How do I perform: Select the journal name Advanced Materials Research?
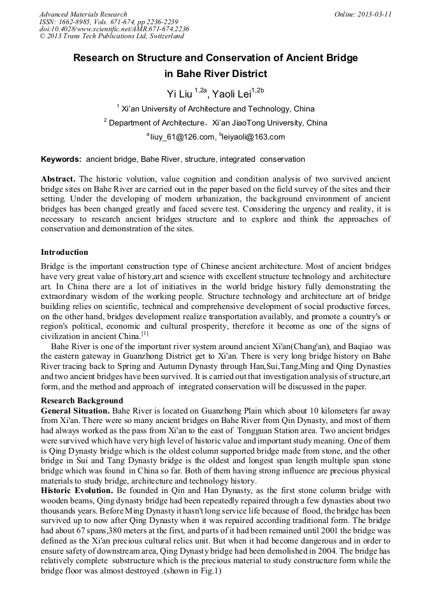83,14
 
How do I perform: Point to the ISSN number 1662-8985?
76,22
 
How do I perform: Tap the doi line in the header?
114,29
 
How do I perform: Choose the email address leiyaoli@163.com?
254,136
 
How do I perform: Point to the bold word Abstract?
59,180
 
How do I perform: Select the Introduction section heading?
64,253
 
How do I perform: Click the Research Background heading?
82,401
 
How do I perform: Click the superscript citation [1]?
145,333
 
